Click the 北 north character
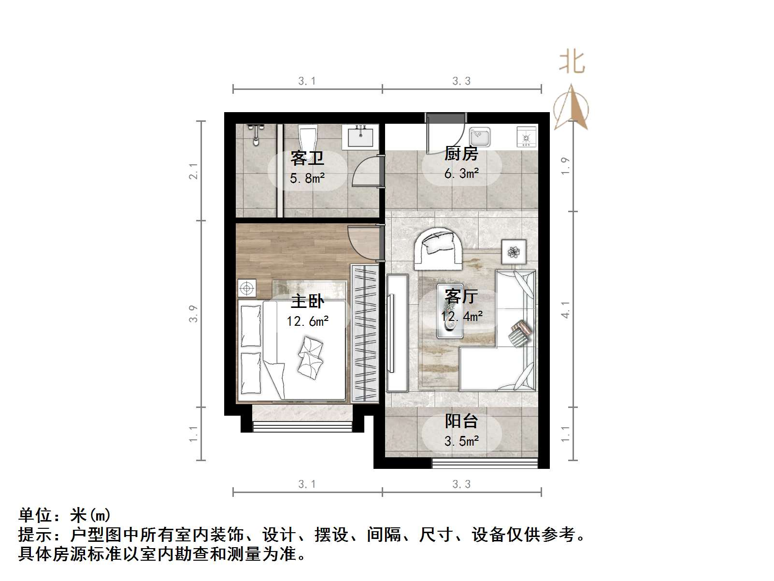tap(572, 62)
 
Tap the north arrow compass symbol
tap(571, 107)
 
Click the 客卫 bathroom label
tap(307, 158)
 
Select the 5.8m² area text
tap(307, 178)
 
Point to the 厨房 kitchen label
tap(461, 154)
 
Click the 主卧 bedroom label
tap(307, 301)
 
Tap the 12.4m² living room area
tap(461, 317)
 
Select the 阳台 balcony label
tap(461, 421)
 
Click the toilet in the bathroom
tap(307, 137)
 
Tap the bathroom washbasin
tap(360, 136)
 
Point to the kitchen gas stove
tap(526, 137)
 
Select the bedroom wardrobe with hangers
tap(365, 334)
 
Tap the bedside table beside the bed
tap(247, 289)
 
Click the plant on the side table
tap(513, 252)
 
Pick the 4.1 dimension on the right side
tap(565, 309)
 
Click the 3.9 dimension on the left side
tap(193, 314)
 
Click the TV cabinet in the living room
tap(397, 333)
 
